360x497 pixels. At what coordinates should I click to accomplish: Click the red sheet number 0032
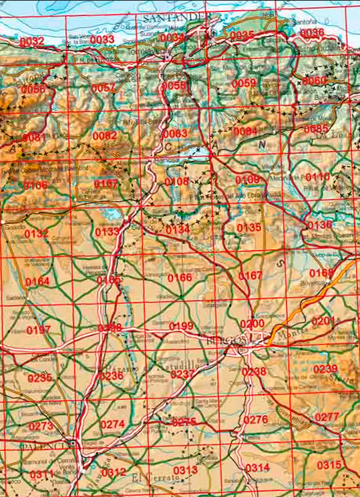(x=32, y=41)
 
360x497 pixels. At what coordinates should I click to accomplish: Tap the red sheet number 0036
(x=312, y=33)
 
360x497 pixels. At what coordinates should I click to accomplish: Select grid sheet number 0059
(x=244, y=84)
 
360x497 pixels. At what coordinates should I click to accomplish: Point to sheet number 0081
(x=33, y=137)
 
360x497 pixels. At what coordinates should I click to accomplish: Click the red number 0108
(x=176, y=182)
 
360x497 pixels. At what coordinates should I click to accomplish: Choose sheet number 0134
(x=178, y=229)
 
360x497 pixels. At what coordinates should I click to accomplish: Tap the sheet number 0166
(x=180, y=277)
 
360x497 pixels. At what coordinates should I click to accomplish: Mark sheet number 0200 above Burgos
(x=252, y=324)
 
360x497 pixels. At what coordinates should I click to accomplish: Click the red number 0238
(x=254, y=371)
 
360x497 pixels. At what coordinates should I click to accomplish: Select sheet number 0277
(x=327, y=417)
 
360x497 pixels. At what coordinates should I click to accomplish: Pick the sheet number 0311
(x=41, y=474)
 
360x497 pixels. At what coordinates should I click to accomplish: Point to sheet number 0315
(x=329, y=465)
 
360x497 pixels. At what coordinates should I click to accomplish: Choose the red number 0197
(x=39, y=330)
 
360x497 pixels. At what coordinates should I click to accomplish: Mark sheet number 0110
(x=317, y=177)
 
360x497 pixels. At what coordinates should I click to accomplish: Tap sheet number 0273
(x=41, y=426)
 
